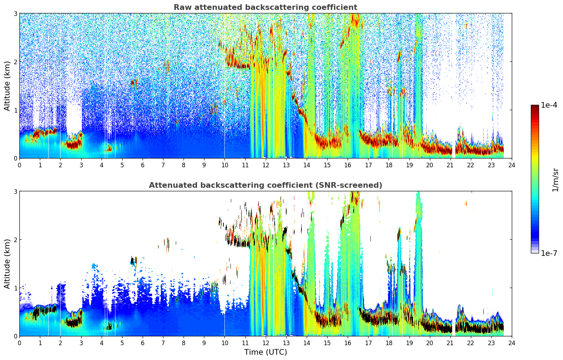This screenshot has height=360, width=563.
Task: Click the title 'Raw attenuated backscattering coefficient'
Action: (x=265, y=7)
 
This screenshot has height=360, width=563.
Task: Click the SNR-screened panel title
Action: (x=265, y=185)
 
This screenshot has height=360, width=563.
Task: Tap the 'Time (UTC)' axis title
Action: (x=265, y=352)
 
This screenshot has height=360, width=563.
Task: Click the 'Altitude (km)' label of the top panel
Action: (x=7, y=86)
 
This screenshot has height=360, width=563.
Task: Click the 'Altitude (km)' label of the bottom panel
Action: (x=7, y=264)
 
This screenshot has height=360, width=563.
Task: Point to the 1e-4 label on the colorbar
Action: (x=549, y=105)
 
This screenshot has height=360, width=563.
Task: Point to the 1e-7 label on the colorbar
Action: (x=549, y=253)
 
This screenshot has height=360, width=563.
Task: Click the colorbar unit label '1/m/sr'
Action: (x=555, y=180)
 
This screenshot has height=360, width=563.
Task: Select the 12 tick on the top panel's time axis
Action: (x=266, y=165)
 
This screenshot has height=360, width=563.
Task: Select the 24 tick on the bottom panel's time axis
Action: (x=512, y=343)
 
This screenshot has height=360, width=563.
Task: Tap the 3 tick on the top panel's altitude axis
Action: (x=15, y=13)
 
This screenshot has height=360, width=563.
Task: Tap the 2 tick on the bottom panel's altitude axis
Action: (x=15, y=240)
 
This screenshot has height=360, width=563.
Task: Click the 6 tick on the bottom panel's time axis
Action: (x=143, y=343)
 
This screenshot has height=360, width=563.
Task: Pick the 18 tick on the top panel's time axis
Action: (x=389, y=165)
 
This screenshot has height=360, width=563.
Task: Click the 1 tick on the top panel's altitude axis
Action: (x=15, y=110)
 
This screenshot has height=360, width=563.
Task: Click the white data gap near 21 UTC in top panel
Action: (x=454, y=85)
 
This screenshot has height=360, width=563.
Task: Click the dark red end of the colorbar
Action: (x=535, y=107)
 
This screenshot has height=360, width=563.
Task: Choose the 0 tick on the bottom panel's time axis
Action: (x=20, y=343)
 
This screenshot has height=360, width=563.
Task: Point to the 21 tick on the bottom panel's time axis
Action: (x=450, y=343)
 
